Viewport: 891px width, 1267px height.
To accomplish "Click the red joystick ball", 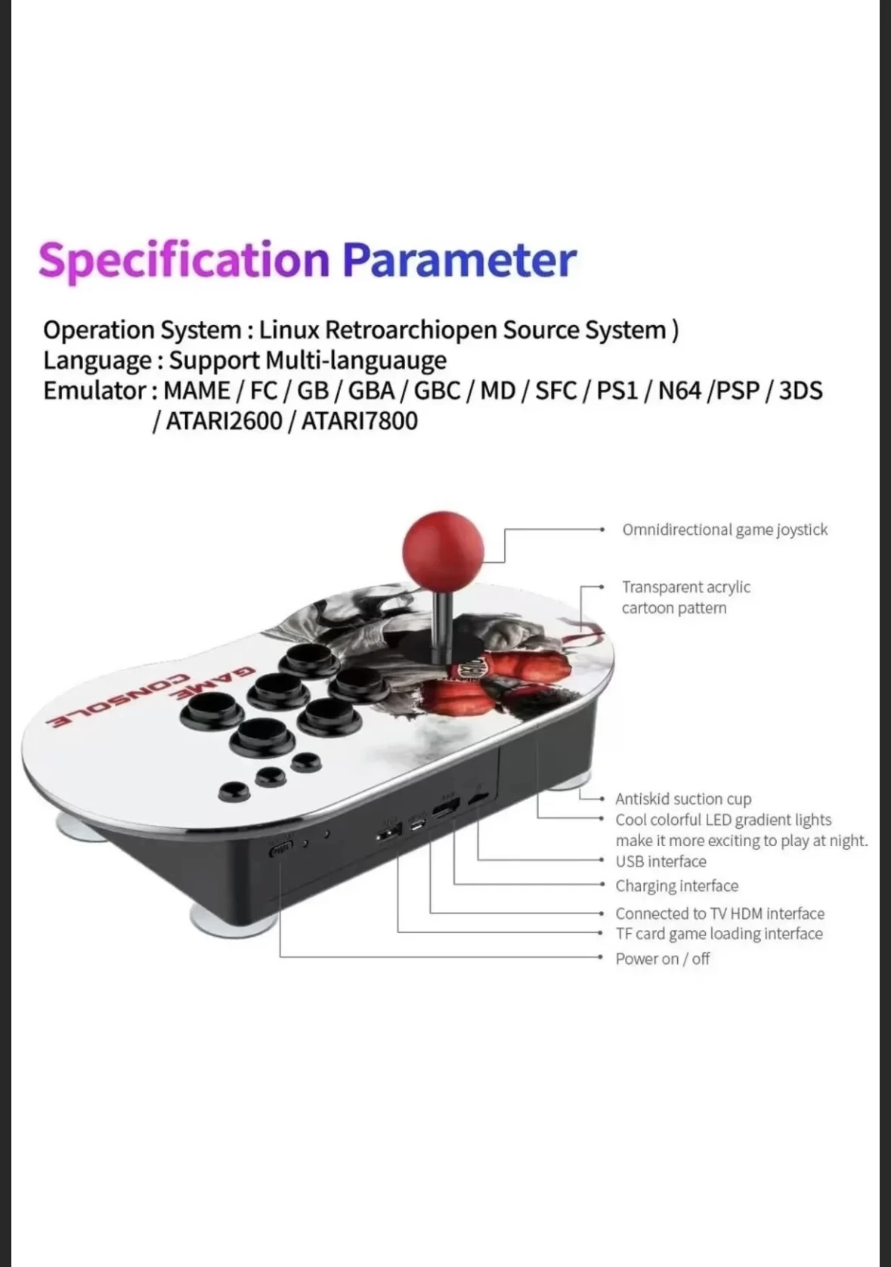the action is [x=443, y=550].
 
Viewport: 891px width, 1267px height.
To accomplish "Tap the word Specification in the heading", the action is [x=184, y=260].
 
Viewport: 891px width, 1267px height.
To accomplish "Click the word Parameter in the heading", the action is [x=459, y=260].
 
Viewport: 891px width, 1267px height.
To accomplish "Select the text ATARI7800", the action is [x=359, y=421].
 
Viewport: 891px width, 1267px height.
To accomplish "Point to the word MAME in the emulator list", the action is [x=196, y=391].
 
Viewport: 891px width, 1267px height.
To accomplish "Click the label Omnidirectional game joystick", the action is [x=725, y=530].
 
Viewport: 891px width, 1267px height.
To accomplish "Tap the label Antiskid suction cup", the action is [x=683, y=799].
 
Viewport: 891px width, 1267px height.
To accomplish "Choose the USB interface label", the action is [x=661, y=861].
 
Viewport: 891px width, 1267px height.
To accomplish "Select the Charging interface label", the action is [x=676, y=885].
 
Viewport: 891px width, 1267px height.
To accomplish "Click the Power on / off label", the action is [x=663, y=959].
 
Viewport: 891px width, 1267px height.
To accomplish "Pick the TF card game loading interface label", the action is [x=719, y=934].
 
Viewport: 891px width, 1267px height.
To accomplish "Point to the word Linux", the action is [x=289, y=330].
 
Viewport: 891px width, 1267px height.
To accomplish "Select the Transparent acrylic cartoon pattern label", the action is [x=685, y=598].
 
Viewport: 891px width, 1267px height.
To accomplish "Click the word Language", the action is [x=97, y=361].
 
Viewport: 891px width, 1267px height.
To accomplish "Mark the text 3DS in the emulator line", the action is [x=800, y=391].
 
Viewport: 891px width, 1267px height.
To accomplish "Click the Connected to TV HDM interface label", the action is [x=719, y=913].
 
